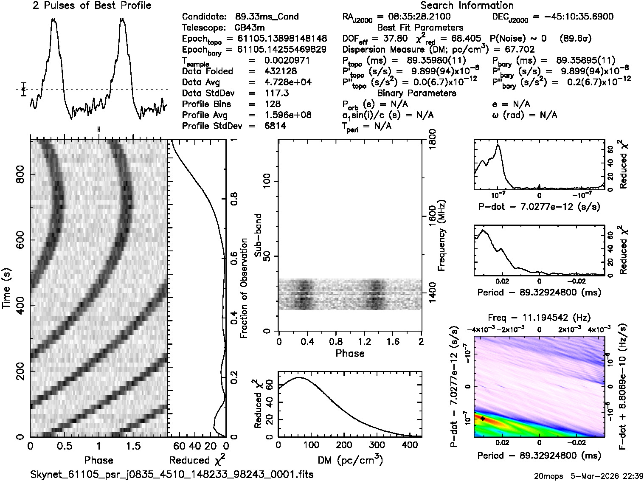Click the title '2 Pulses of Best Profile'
click(x=92, y=6)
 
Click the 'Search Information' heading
click(x=467, y=6)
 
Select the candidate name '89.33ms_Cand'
click(x=267, y=17)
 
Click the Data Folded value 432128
click(x=281, y=71)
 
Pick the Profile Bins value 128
click(x=272, y=104)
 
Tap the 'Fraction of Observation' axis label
click(x=244, y=289)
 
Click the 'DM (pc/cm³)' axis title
click(x=350, y=460)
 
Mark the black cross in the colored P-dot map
click(x=483, y=419)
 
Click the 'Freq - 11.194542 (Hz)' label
click(x=539, y=318)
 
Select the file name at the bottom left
click(x=172, y=474)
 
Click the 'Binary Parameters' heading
click(x=416, y=93)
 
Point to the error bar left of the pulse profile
click(x=24, y=89)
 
